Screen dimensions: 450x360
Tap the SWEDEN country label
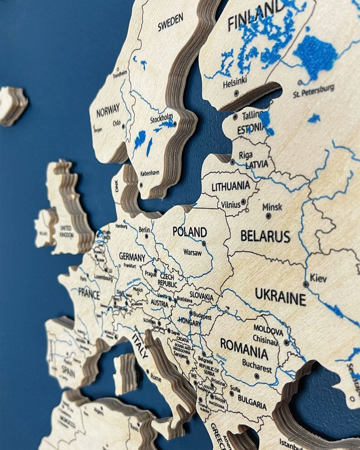(170, 22)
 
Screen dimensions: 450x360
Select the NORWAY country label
(108, 109)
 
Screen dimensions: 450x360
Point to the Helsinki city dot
(236, 93)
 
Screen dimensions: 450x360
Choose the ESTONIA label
(250, 129)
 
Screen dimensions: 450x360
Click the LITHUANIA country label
(231, 185)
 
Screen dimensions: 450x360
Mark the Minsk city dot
(268, 216)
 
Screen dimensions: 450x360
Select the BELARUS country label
(265, 236)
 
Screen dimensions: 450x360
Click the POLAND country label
(190, 231)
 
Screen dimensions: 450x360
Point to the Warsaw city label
(192, 252)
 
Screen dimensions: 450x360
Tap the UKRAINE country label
(280, 296)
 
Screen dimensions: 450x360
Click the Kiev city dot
(306, 284)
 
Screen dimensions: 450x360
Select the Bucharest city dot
(257, 376)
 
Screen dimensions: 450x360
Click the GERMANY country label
(132, 256)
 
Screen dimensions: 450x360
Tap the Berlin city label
(144, 230)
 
